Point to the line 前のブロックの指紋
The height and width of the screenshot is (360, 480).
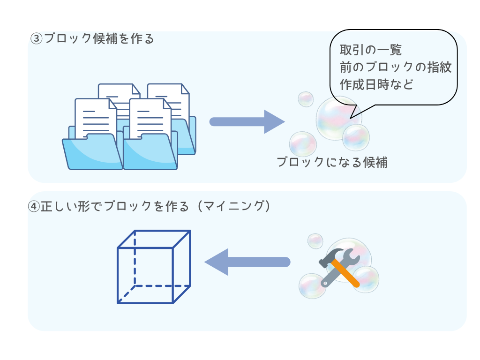pyautogui.click(x=396, y=67)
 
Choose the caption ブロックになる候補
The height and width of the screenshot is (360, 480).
pyautogui.click(x=332, y=163)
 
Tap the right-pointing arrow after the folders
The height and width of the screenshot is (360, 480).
pyautogui.click(x=247, y=122)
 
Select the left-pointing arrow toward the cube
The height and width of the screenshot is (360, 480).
pyautogui.click(x=247, y=262)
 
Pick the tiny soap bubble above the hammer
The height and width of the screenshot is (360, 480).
pyautogui.click(x=315, y=241)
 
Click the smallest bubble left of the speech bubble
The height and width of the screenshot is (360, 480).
pyautogui.click(x=306, y=99)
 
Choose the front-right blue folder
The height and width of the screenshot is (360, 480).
pyautogui.click(x=150, y=152)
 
